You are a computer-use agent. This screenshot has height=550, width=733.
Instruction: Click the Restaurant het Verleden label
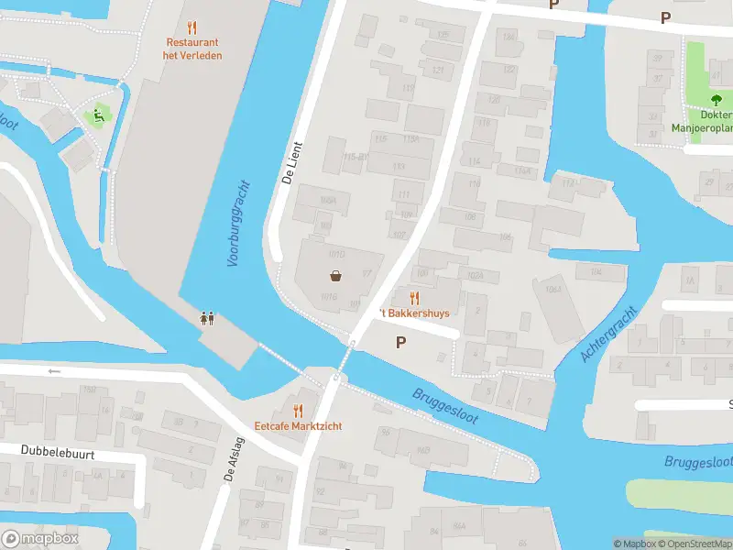click(193, 49)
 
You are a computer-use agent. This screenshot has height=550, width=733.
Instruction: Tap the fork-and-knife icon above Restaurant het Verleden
click(191, 27)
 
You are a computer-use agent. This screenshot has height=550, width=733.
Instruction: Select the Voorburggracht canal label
click(237, 223)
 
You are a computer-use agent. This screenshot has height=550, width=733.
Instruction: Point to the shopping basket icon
click(336, 276)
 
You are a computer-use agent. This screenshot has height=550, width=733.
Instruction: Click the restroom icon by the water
click(208, 318)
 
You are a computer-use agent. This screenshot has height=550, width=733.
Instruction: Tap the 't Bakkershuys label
click(415, 313)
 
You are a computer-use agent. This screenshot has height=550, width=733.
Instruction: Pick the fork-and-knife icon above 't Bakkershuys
click(414, 297)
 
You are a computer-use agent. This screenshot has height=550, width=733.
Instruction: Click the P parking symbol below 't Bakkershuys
click(399, 342)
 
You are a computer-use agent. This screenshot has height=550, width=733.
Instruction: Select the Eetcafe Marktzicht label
click(298, 425)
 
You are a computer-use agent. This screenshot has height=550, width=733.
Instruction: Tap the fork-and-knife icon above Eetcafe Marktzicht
click(298, 410)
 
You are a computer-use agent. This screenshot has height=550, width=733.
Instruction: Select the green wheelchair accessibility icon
click(97, 115)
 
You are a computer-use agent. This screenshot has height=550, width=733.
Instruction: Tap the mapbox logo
click(39, 538)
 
